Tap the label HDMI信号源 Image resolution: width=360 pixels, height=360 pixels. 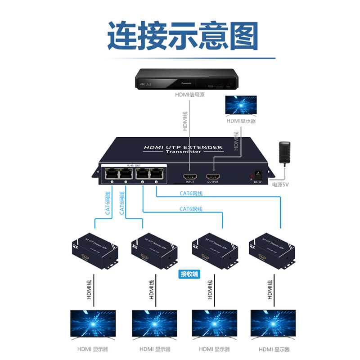(189, 95)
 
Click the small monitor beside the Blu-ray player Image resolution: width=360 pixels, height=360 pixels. (241, 106)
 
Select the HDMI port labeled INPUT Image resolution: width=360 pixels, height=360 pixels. (189, 175)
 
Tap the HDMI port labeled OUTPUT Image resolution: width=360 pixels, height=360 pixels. (213, 175)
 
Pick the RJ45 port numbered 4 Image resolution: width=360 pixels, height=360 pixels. (110, 173)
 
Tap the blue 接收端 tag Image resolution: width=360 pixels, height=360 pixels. (189, 274)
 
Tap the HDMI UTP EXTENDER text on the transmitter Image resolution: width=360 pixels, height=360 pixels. (183, 147)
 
